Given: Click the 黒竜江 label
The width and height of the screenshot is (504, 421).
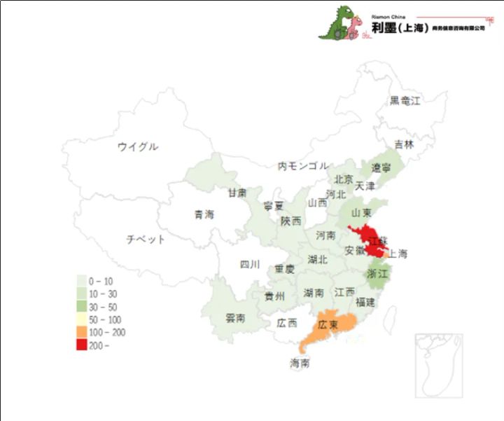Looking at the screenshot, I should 405,101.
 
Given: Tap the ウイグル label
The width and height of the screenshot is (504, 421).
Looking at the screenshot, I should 137,146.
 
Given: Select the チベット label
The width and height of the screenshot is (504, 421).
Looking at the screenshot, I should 146,240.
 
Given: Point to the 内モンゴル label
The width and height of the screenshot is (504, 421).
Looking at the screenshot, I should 302,166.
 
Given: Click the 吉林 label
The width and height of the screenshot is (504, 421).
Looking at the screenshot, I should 404,144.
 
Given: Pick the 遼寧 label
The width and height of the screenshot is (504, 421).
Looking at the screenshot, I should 381,168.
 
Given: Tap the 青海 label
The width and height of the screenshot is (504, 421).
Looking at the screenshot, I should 204,214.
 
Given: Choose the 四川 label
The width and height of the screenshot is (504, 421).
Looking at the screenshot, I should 250,265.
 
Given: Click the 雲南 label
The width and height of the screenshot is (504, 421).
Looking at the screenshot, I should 235,318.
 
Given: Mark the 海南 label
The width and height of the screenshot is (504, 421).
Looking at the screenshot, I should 300,364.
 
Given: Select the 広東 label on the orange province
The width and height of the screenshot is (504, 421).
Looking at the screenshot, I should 328,326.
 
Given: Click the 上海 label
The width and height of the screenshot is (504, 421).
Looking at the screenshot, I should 398,254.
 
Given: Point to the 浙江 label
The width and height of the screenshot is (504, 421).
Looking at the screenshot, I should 377,274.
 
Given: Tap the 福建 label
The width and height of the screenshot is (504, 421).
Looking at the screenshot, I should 365,303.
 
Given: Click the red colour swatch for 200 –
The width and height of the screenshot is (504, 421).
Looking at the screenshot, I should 82,345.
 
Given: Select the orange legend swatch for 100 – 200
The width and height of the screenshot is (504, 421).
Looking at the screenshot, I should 82,332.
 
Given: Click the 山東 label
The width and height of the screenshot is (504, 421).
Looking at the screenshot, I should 360,213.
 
